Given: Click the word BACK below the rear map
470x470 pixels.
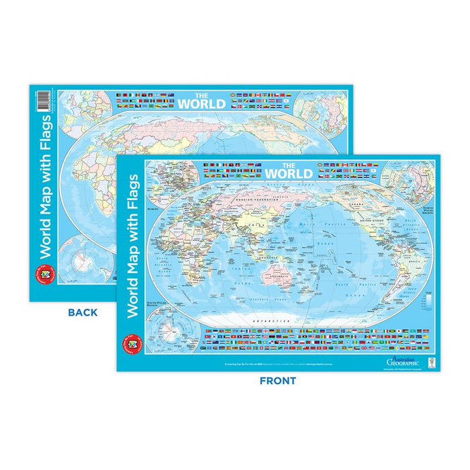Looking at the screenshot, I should tap(83, 312).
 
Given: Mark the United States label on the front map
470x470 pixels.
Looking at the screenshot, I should tap(372, 220).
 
